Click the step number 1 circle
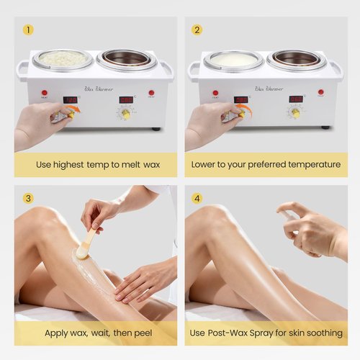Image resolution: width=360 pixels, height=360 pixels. (x=28, y=30)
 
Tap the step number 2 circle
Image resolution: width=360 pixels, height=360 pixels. (x=197, y=30)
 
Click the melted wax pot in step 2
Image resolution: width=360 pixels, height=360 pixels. (x=232, y=60)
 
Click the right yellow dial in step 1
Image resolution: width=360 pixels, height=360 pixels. (x=125, y=113)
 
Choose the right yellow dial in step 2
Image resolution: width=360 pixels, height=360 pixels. (x=295, y=113)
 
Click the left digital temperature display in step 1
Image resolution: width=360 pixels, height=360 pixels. (x=71, y=99)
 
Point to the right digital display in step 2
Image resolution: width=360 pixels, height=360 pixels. (x=296, y=99)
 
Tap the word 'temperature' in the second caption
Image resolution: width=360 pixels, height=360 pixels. (x=307, y=164)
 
